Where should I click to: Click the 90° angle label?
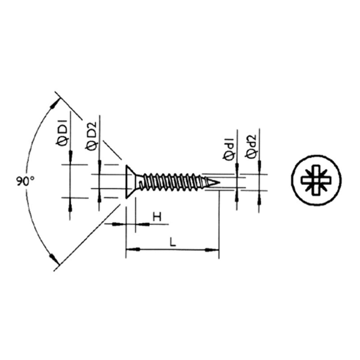[x=25, y=181]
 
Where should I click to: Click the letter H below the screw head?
[x=157, y=217]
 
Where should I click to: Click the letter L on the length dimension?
[x=172, y=242]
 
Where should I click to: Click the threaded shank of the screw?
[x=172, y=182]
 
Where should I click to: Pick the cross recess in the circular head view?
[x=316, y=180]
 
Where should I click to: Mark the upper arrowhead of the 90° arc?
[x=53, y=106]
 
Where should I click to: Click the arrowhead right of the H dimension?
[x=143, y=224]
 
